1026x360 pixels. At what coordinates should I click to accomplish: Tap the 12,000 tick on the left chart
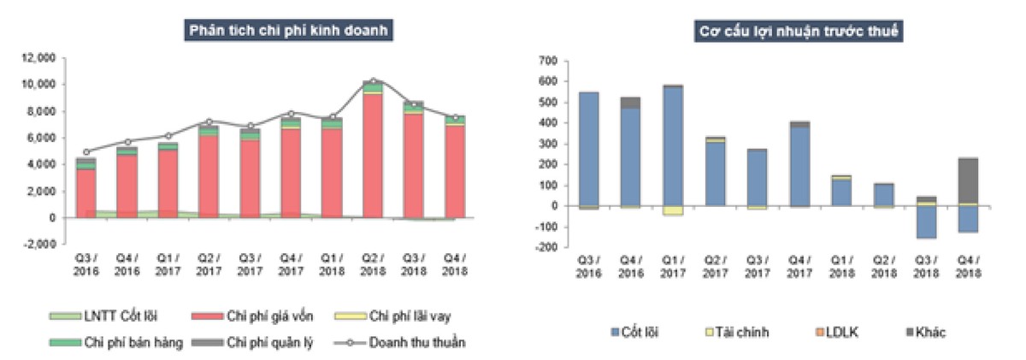click(39, 58)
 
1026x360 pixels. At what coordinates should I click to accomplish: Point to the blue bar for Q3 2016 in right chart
click(588, 149)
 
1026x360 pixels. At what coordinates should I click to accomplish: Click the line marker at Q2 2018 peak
click(374, 81)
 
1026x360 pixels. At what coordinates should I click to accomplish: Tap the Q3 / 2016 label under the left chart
click(86, 264)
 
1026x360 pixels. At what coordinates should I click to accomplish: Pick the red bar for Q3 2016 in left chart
click(86, 193)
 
